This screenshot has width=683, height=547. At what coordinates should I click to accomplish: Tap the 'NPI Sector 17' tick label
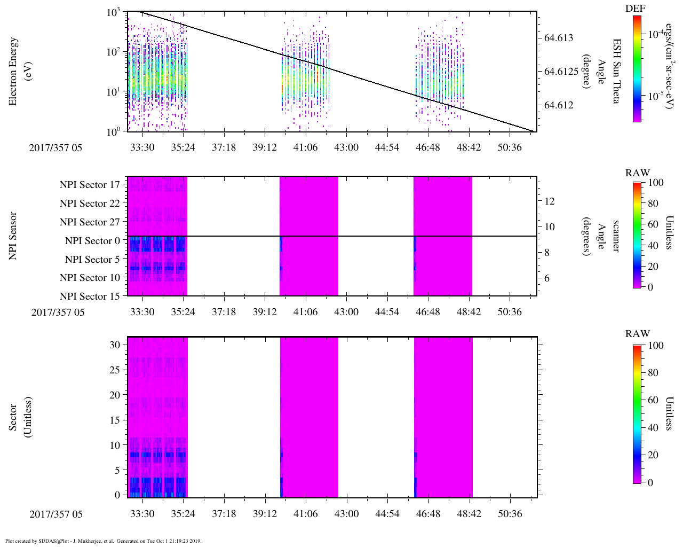90,185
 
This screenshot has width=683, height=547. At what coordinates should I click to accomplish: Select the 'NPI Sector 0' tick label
93,240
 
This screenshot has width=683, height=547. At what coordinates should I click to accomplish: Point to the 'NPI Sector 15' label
90,296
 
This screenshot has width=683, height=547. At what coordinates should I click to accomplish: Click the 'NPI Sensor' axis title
13,236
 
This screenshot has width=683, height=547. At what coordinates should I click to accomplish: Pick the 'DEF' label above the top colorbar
636,9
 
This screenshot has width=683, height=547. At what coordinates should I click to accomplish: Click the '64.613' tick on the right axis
559,38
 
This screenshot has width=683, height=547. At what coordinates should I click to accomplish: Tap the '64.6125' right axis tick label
561,72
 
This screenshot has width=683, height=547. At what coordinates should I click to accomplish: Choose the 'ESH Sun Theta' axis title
617,71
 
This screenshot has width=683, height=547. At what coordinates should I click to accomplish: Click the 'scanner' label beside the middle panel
617,236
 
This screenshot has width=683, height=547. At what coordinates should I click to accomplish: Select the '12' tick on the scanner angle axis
550,201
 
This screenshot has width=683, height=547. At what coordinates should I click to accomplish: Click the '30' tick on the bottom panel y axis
115,345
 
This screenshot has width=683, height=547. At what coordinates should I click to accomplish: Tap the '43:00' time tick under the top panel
346,147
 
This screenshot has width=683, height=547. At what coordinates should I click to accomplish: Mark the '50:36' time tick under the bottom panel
510,514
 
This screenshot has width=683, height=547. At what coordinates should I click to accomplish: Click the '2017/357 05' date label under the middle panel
58,312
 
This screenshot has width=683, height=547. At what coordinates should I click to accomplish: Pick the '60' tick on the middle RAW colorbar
653,224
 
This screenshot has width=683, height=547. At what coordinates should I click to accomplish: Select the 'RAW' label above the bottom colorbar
638,334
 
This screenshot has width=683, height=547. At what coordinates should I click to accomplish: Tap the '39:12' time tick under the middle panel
265,311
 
